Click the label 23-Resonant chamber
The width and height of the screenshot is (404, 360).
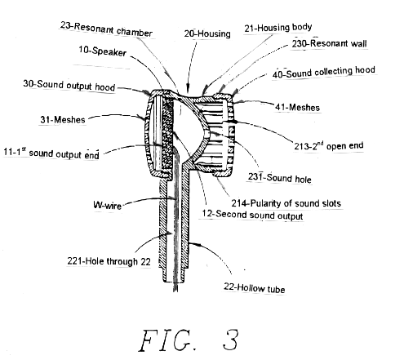(106, 29)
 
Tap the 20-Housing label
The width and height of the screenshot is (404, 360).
(207, 33)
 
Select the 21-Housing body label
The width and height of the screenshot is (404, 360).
(277, 28)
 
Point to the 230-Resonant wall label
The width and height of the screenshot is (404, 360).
(329, 43)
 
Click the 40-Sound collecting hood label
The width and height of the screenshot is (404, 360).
(324, 72)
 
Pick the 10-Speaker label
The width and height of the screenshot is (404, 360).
(103, 51)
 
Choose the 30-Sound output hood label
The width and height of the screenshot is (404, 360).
(69, 85)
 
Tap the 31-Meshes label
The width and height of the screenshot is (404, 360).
(63, 119)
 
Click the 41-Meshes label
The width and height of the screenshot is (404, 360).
(297, 107)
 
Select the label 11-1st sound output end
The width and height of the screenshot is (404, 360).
(51, 153)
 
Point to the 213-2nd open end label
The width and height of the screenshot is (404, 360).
(329, 146)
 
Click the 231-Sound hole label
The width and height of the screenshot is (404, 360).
(279, 178)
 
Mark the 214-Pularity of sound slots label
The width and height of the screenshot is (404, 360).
(286, 203)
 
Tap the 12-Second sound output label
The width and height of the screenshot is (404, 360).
(252, 215)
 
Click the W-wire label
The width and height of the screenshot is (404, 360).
(107, 205)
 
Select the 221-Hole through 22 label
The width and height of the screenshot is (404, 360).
(109, 261)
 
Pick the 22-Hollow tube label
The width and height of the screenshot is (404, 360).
(255, 288)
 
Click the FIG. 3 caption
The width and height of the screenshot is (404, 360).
(189, 340)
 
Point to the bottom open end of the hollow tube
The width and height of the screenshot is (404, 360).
(175, 281)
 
